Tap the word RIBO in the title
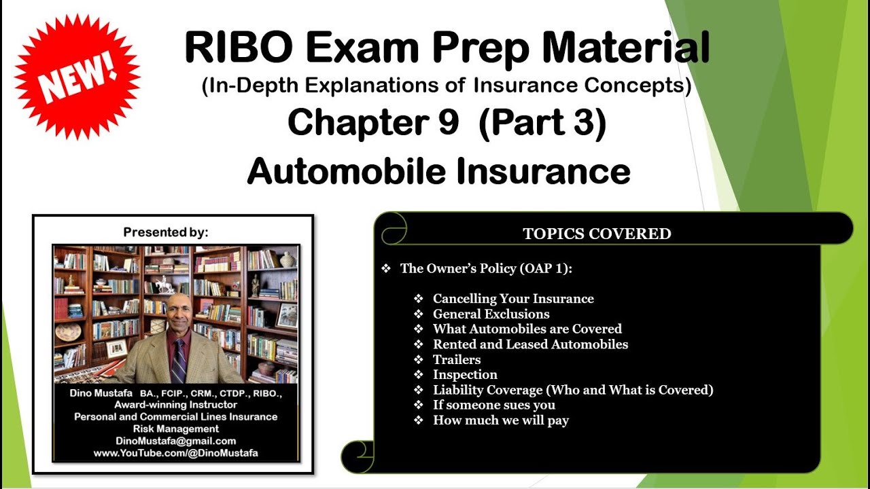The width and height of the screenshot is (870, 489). (238, 49)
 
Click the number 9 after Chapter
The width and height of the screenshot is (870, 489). (447, 124)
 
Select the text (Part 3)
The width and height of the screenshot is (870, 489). (542, 124)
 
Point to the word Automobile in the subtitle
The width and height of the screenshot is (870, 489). (347, 172)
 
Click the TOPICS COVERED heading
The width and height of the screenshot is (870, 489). (597, 234)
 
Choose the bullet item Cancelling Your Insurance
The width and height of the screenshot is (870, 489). (513, 299)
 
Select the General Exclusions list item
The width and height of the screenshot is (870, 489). (491, 314)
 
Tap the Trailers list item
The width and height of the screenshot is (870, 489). (457, 359)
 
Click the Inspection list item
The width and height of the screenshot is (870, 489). (465, 374)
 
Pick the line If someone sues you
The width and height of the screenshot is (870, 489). (494, 405)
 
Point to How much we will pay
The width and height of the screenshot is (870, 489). (501, 420)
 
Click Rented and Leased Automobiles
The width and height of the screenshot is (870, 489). (530, 344)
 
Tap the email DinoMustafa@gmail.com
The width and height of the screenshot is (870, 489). (176, 441)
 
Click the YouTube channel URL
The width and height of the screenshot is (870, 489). (176, 453)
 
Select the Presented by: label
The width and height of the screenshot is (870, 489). (166, 232)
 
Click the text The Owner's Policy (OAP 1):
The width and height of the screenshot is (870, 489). (486, 268)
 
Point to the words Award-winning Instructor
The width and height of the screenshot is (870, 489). (176, 404)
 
